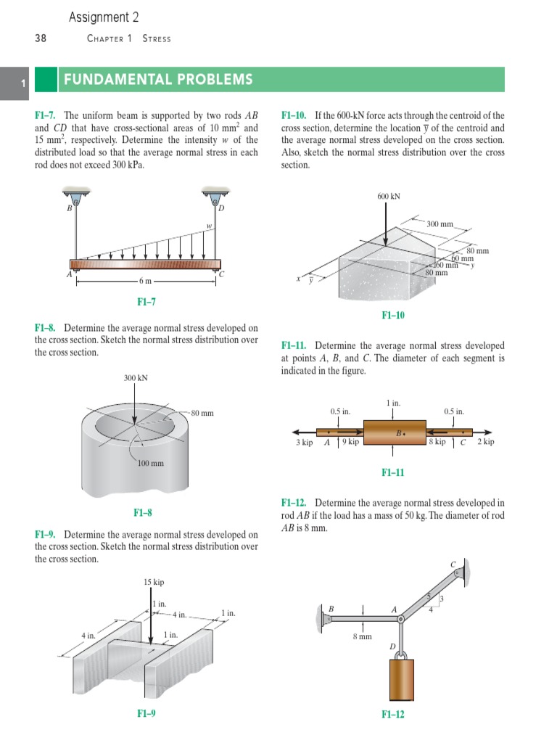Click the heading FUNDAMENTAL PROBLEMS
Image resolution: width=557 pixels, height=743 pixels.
[158, 79]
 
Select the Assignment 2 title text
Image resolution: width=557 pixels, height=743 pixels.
[104, 17]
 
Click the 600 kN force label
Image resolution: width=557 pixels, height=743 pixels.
[389, 196]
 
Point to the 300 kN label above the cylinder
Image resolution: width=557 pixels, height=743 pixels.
[136, 378]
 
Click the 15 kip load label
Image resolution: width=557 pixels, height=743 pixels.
[154, 582]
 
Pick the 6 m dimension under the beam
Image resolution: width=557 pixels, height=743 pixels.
[145, 281]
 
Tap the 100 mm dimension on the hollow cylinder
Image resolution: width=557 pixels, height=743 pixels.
[152, 463]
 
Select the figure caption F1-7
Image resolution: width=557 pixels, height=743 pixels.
[146, 302]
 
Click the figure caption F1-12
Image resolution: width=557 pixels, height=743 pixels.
[392, 714]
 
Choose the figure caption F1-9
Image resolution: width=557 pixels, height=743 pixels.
[146, 713]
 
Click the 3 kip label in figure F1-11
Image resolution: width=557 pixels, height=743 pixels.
[304, 442]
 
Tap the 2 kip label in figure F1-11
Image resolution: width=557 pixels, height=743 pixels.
[485, 441]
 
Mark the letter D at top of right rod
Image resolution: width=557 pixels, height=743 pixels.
[222, 208]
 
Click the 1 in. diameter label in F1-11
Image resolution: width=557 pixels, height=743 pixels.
[393, 402]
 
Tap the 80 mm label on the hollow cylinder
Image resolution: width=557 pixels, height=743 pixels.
[202, 413]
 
